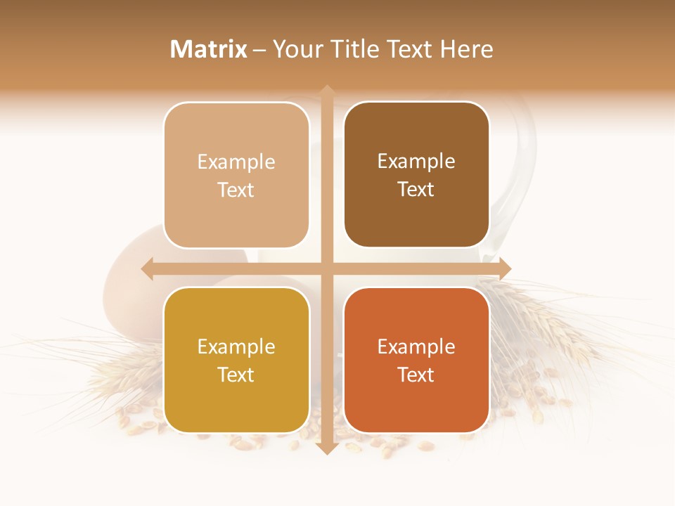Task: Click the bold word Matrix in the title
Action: (209, 49)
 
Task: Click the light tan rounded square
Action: (236, 175)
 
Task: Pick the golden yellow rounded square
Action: (236, 360)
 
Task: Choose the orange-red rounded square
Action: (416, 360)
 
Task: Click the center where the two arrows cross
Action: (326, 268)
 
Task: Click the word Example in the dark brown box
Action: (416, 161)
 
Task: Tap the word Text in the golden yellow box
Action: (236, 375)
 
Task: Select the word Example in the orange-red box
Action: (416, 346)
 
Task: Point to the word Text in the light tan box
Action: (236, 190)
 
